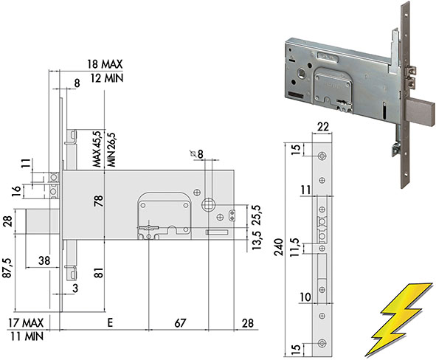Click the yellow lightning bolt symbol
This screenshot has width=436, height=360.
[399, 319]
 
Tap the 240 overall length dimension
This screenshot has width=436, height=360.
[278, 247]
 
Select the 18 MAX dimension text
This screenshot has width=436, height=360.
[105, 64]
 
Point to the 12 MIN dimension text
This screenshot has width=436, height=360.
[106, 78]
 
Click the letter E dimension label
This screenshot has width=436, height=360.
[110, 323]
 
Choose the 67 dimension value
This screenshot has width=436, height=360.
[180, 323]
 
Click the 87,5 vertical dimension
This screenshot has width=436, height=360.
[7, 268]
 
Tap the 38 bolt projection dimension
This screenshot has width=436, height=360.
[44, 260]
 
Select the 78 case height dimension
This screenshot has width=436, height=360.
[99, 201]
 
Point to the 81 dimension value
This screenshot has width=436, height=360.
[99, 273]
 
